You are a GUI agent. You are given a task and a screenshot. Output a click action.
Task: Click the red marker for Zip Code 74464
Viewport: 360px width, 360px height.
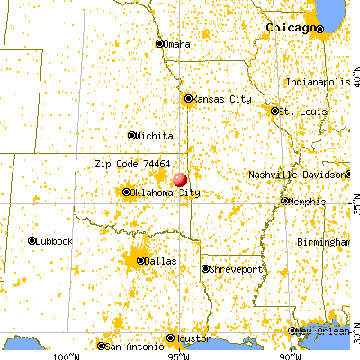(x=179, y=180)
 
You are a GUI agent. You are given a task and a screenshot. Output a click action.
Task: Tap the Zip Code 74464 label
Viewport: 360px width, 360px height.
(x=132, y=165)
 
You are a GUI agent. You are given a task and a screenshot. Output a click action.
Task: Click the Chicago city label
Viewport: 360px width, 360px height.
(x=290, y=28)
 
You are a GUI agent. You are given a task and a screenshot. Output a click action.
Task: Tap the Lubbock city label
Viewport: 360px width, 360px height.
(x=53, y=240)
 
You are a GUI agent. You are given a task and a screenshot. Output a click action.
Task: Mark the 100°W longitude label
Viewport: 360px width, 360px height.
(x=66, y=355)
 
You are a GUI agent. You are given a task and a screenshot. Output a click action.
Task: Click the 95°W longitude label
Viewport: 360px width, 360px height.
(x=176, y=355)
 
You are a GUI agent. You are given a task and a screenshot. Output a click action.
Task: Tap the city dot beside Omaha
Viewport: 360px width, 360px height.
(x=160, y=43)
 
